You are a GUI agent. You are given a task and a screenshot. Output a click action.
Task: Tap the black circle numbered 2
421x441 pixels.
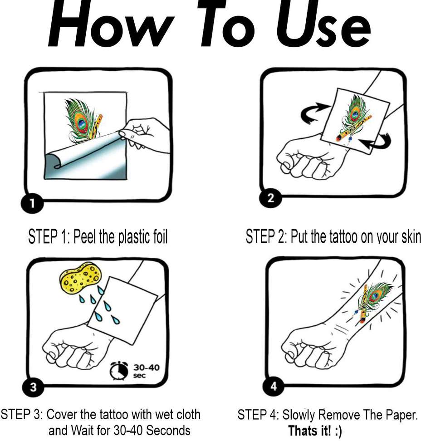coord(270,198)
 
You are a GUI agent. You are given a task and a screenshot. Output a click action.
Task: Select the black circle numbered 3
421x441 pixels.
coord(33,387)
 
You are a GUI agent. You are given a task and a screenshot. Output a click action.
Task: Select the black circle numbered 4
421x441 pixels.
coord(274,387)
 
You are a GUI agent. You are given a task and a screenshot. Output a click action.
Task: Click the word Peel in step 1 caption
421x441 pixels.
coord(85,236)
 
